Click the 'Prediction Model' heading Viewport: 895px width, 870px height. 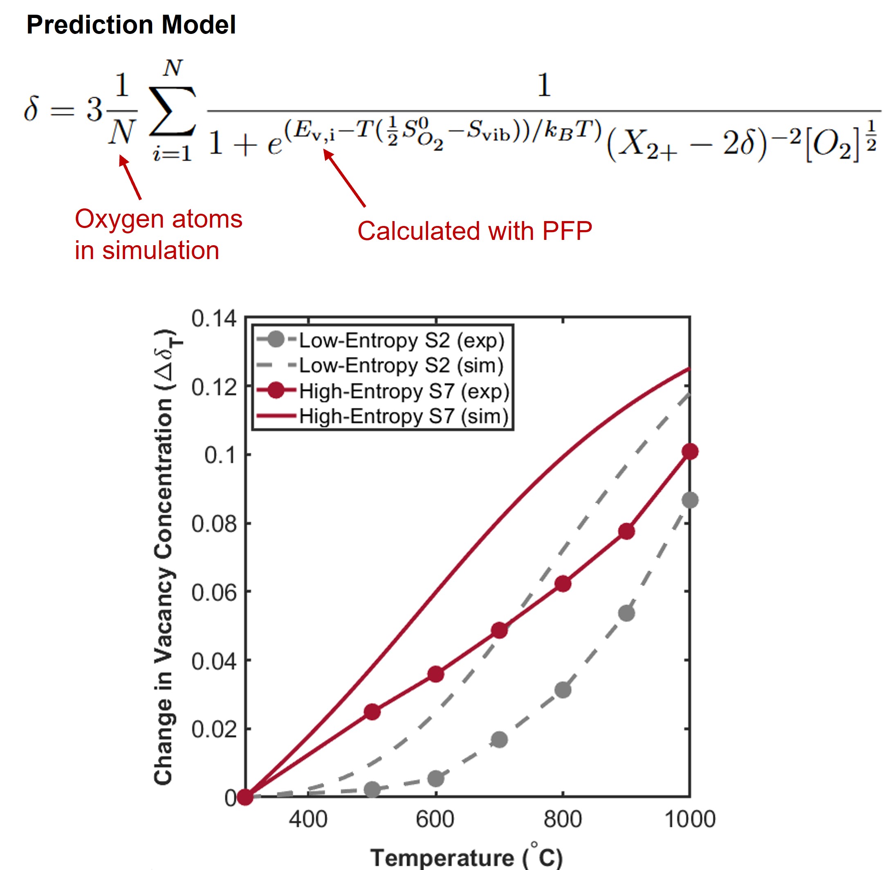(x=131, y=25)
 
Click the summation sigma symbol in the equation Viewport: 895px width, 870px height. (x=172, y=111)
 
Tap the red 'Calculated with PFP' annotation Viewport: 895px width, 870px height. (x=474, y=231)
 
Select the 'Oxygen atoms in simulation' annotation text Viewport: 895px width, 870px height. (x=158, y=235)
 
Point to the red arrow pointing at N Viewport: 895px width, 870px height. (x=130, y=178)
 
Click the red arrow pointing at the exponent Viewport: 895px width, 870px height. (x=345, y=179)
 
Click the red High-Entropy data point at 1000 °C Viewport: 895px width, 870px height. (x=690, y=452)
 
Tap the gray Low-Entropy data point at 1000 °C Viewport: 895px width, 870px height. (x=690, y=500)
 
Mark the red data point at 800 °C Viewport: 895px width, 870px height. (x=563, y=584)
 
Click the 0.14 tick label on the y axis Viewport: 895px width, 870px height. (x=214, y=318)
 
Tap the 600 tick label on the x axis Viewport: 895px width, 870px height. (x=435, y=819)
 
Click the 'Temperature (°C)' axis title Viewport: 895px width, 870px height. (x=466, y=858)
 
